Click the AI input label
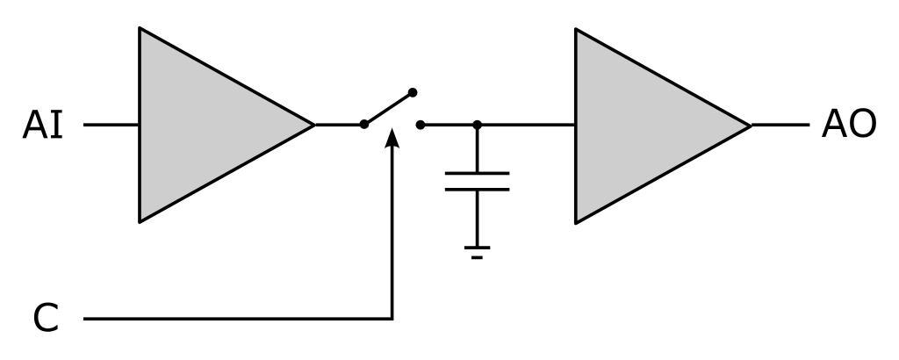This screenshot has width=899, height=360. pos(43,126)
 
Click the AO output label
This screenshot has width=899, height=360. pos(848,126)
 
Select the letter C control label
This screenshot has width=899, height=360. pos(47,318)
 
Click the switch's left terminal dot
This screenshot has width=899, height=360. pos(364,125)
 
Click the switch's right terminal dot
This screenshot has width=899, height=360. pos(421,125)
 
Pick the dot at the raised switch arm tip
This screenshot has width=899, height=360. pos(413,92)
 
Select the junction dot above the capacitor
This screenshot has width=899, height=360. pos(477,125)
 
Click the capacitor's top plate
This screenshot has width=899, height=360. pos(477,174)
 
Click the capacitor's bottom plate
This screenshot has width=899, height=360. pos(477,189)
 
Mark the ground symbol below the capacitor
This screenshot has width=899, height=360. pos(477,252)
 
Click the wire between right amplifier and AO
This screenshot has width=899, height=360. pos(780,125)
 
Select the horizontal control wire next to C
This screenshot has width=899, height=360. pos(237,319)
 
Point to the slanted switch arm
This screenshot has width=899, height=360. pos(389,108)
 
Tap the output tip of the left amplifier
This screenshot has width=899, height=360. pos(312,125)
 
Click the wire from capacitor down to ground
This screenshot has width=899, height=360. pos(477,220)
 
